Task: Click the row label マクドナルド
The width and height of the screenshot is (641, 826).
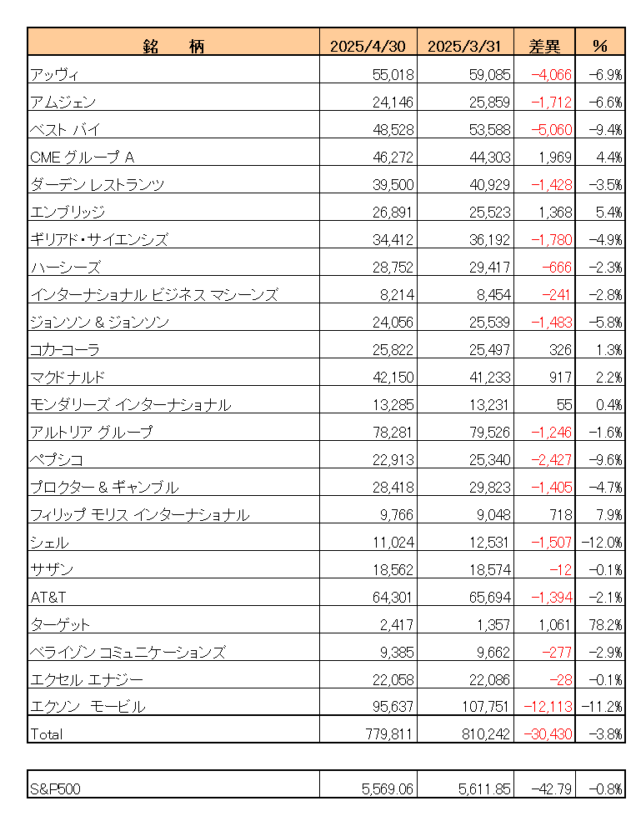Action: pos(68,377)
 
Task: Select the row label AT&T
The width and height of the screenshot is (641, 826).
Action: pos(47,597)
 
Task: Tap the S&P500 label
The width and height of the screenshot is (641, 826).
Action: pos(56,788)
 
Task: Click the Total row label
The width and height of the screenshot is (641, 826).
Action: pos(46,734)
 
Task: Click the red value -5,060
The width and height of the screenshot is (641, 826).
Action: pos(551,130)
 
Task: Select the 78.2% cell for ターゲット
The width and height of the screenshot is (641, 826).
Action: pos(606,624)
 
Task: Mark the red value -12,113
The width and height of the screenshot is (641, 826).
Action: pos(547,707)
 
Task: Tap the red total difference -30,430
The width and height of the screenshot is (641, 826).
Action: pos(547,734)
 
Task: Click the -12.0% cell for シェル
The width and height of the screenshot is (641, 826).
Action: pos(603,542)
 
